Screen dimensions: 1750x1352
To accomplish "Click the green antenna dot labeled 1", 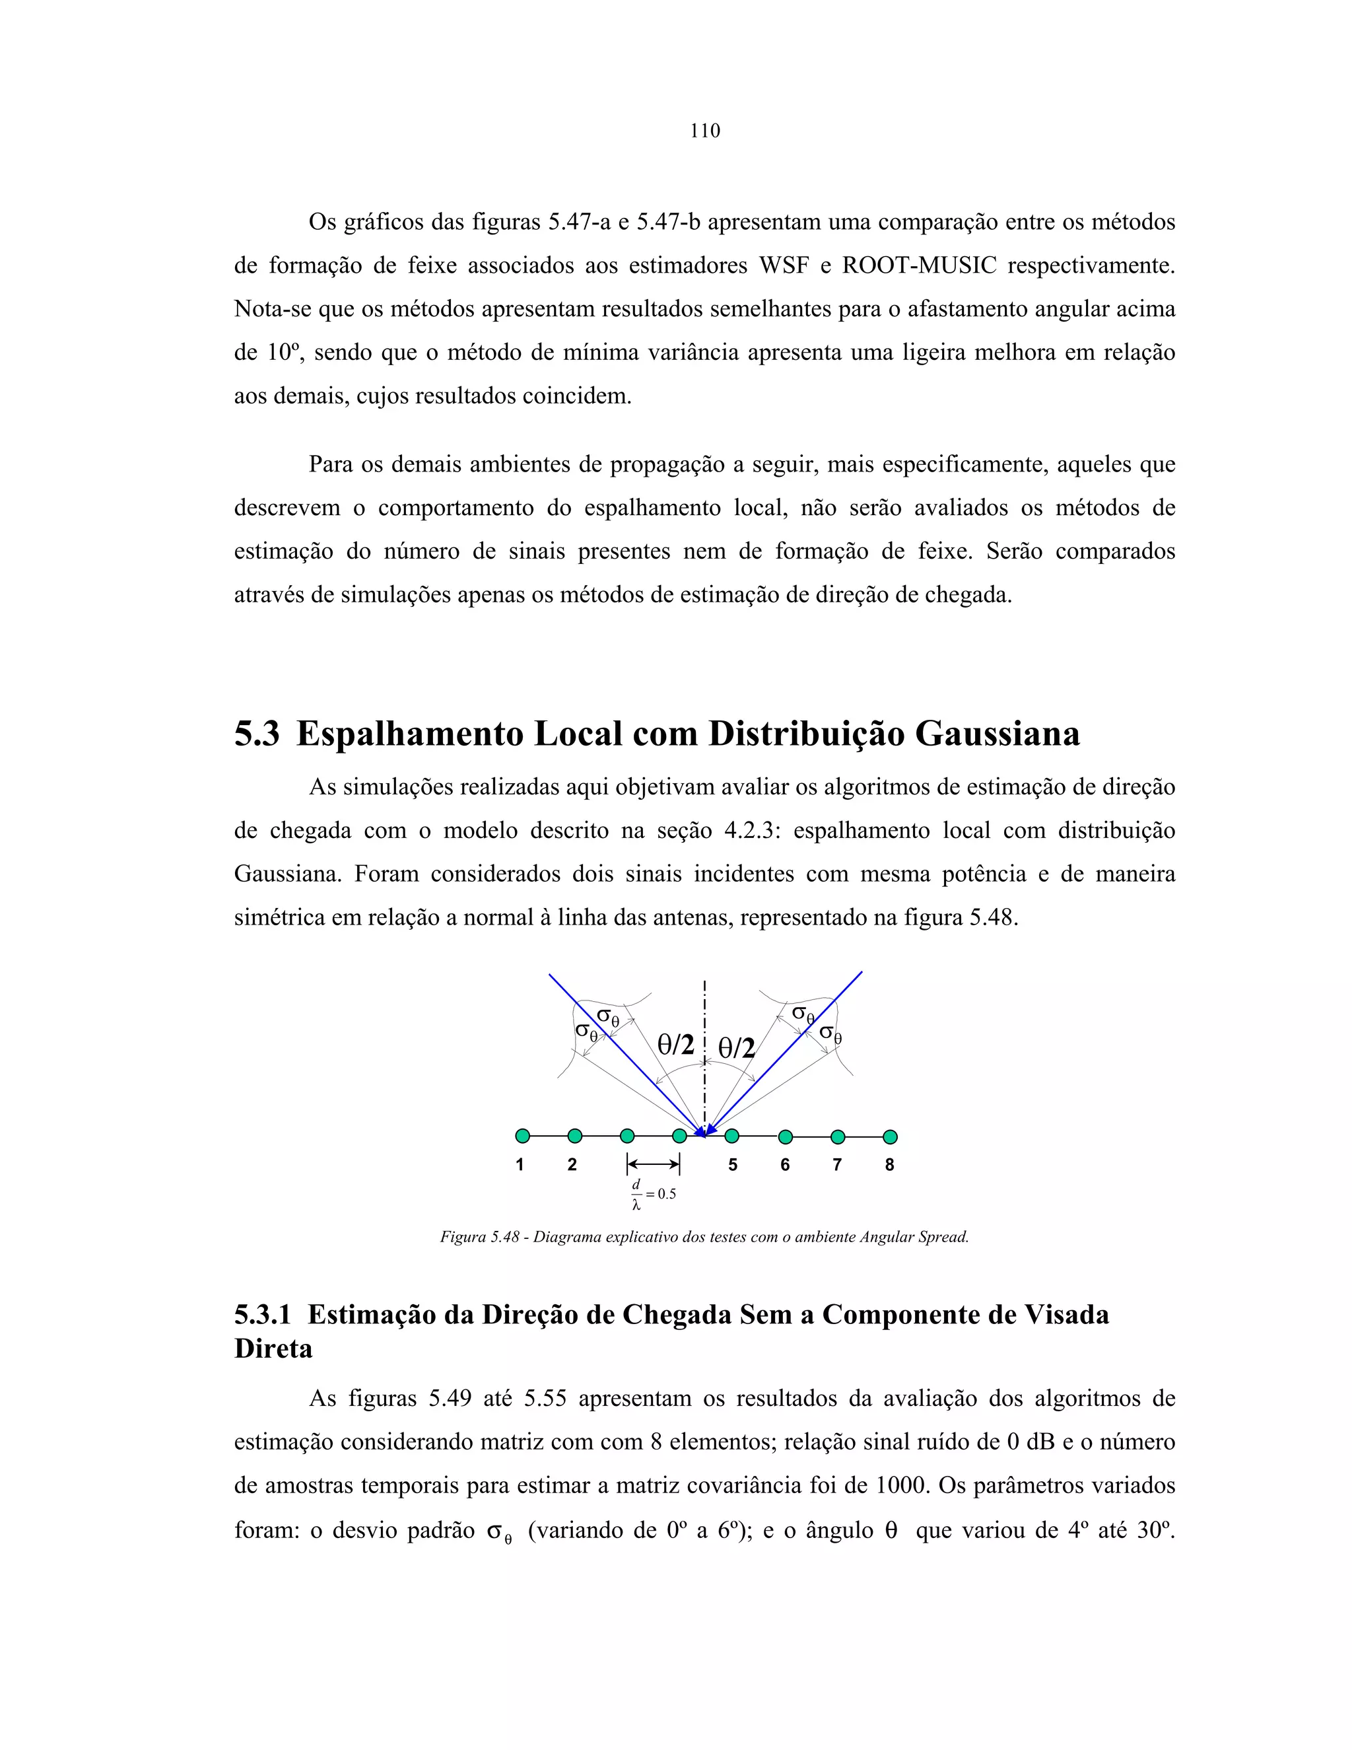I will click(x=522, y=1135).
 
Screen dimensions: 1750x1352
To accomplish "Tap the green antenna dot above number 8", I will click(x=890, y=1137).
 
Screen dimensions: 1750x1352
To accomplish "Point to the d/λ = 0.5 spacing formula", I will click(x=653, y=1194).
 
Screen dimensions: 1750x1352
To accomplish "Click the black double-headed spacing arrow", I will click(x=654, y=1164).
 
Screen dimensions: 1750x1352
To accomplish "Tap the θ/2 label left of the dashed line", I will click(x=675, y=1044).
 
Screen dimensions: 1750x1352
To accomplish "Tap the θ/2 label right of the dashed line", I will click(x=735, y=1048).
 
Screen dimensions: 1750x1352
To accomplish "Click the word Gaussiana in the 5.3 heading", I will click(x=997, y=733).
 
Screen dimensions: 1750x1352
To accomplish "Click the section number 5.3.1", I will click(x=262, y=1315).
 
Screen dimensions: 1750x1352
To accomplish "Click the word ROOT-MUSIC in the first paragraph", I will click(x=919, y=265).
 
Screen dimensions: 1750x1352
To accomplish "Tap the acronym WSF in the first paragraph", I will click(x=784, y=265).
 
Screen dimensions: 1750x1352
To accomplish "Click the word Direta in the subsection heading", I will click(x=273, y=1349).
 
